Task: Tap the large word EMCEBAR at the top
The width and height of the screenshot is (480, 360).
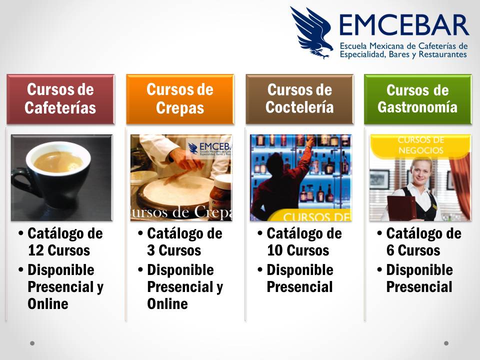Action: tap(404, 25)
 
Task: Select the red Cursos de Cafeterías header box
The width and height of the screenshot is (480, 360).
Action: tap(60, 99)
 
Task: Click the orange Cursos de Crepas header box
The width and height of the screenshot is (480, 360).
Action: tap(180, 99)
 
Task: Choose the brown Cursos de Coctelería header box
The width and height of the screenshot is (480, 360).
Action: tap(299, 99)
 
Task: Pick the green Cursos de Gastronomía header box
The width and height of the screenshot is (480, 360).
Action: tap(417, 99)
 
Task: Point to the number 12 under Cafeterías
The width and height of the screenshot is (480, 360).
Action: tap(35, 250)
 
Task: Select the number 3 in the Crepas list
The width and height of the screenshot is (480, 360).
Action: tap(151, 250)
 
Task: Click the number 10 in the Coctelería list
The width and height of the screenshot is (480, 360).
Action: tap(274, 250)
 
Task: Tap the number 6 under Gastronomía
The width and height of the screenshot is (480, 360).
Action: tap(391, 250)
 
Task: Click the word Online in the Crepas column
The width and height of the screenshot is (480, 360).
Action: tap(167, 304)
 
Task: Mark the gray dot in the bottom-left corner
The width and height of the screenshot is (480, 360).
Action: tap(32, 343)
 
